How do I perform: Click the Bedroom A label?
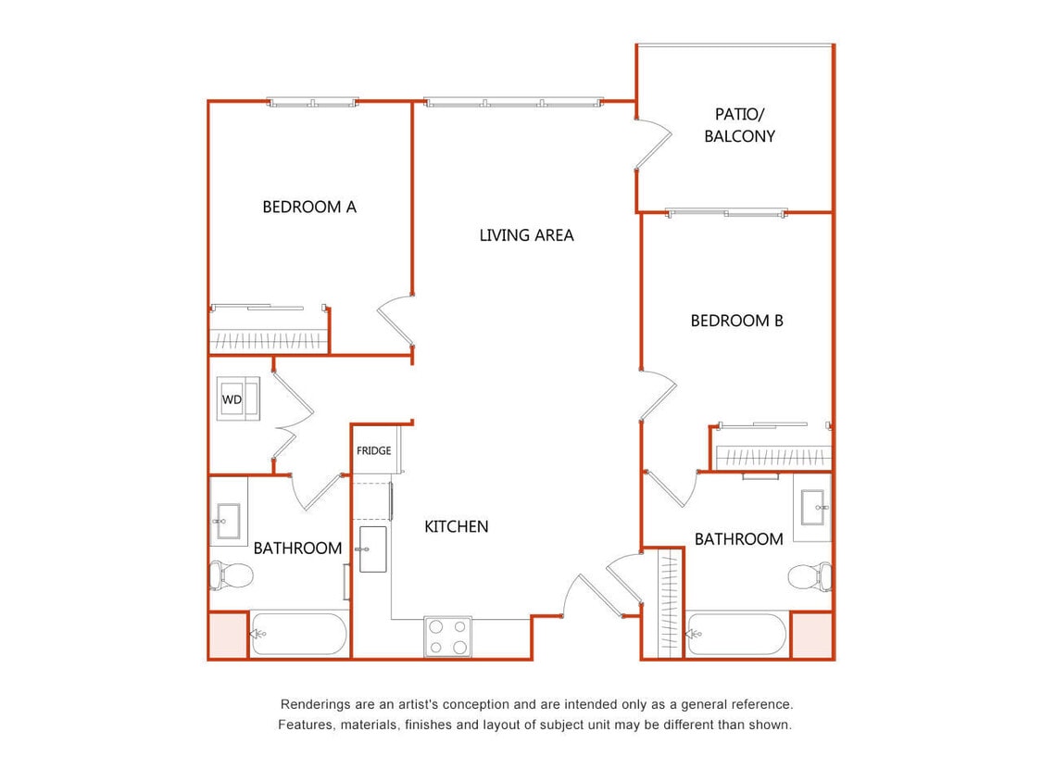click(309, 207)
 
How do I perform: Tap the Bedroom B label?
click(736, 321)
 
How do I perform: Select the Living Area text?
click(526, 235)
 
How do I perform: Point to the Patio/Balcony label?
click(739, 125)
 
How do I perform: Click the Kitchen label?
click(456, 526)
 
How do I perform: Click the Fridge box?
click(374, 450)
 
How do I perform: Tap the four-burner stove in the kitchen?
click(447, 637)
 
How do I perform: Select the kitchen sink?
click(372, 549)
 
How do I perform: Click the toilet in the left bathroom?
click(232, 575)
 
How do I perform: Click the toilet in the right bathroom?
click(810, 576)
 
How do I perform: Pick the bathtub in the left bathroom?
click(298, 635)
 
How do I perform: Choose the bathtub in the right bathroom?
click(736, 635)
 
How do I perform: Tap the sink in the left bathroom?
click(227, 523)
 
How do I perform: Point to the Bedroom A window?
click(313, 103)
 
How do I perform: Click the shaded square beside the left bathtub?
click(227, 636)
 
